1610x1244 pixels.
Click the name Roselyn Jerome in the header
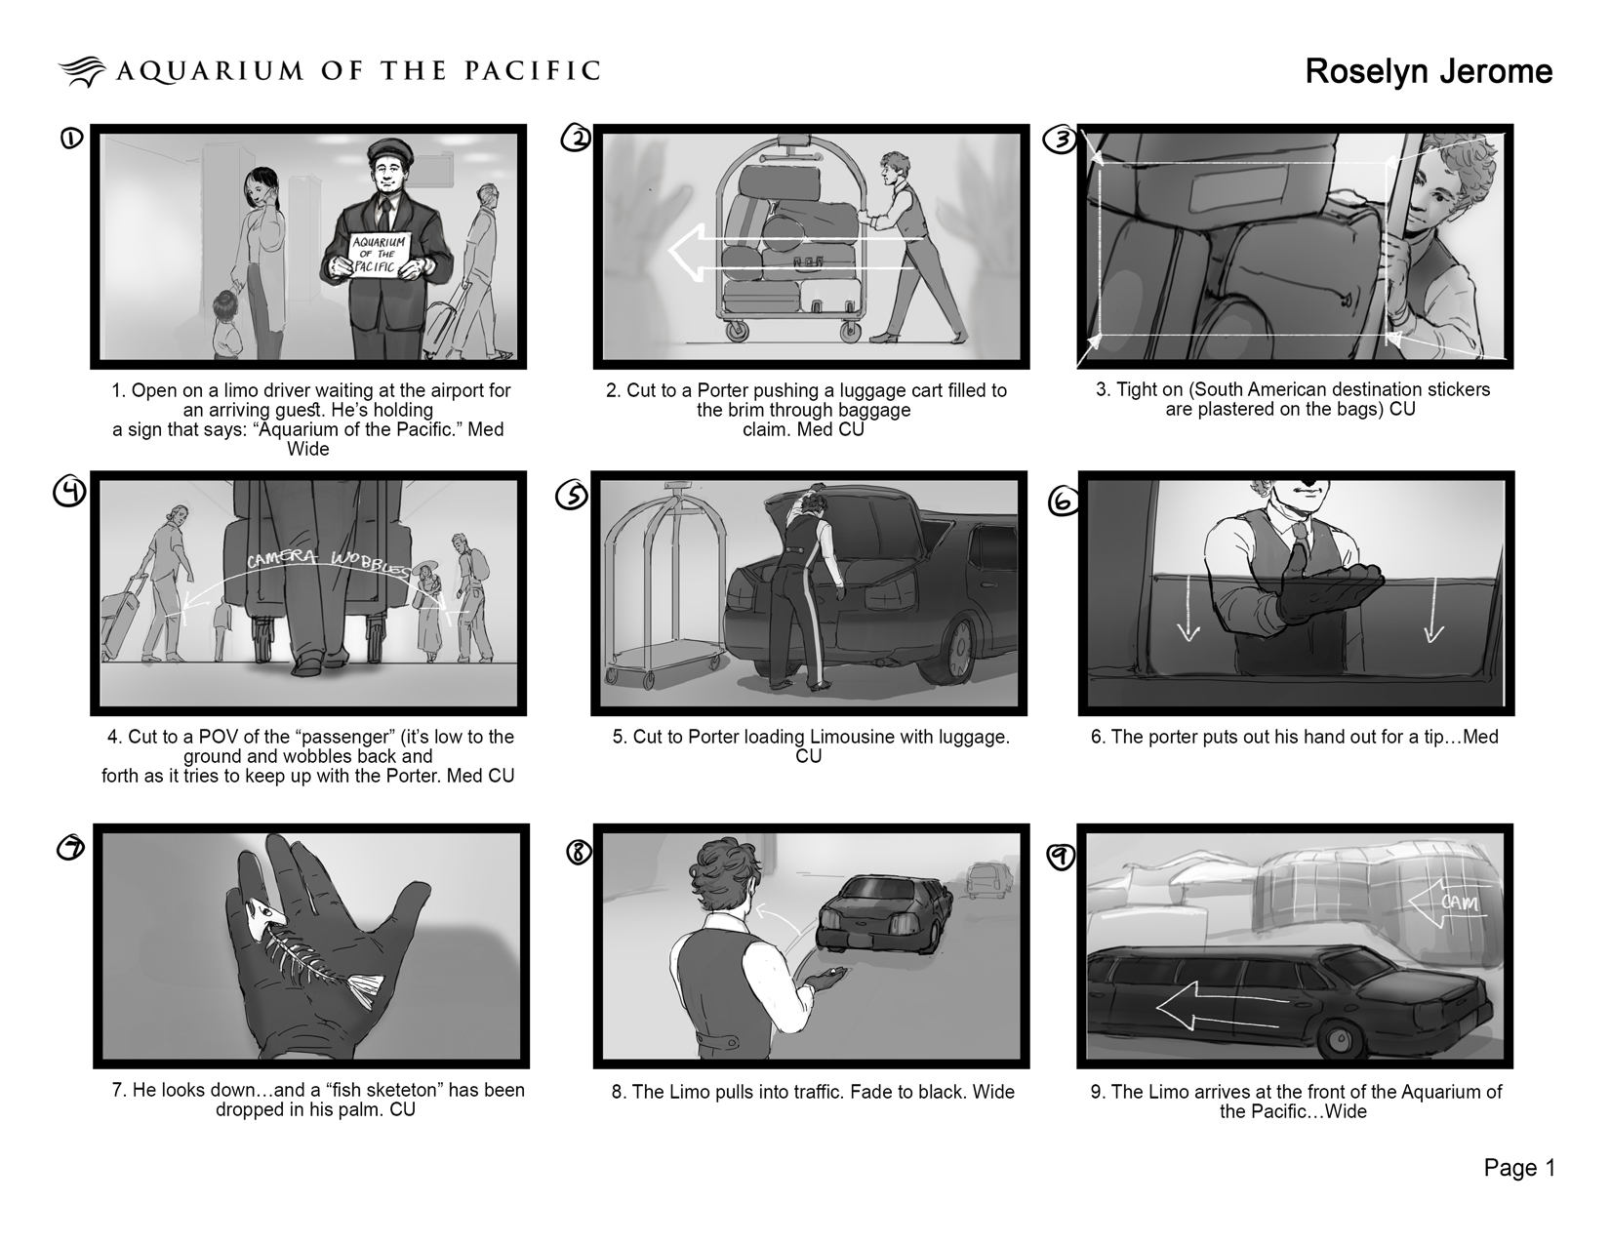coord(1428,72)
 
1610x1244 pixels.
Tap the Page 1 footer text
coord(1519,1168)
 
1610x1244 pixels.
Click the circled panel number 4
coord(69,492)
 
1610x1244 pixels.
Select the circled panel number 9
coord(1061,857)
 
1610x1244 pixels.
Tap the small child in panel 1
coord(225,324)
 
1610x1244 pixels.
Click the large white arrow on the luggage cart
coord(796,253)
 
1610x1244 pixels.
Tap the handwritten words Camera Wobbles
coord(328,563)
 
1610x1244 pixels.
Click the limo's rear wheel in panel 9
coord(1341,1039)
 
